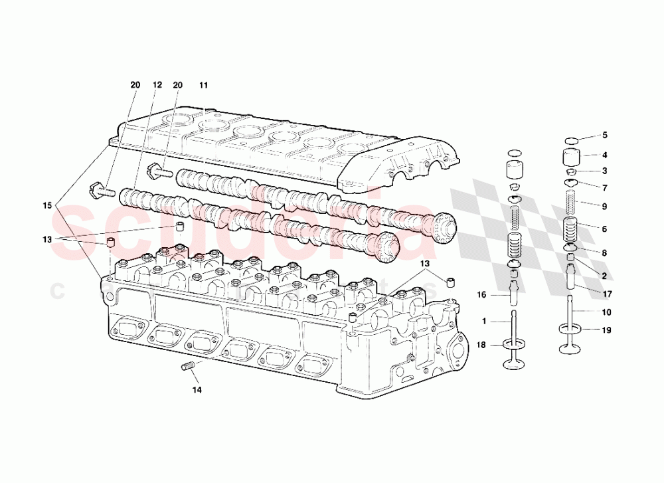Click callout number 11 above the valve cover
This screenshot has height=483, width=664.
[203, 85]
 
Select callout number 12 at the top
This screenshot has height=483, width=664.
[157, 85]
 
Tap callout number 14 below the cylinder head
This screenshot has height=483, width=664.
[197, 390]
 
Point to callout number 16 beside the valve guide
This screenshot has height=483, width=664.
[482, 294]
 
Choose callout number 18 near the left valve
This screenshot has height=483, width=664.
[482, 344]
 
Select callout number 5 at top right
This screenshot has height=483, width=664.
[604, 136]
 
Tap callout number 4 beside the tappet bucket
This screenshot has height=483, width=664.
[604, 155]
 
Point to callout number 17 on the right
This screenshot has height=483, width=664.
[607, 294]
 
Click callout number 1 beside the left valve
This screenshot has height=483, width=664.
[484, 321]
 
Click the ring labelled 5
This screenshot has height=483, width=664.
[571, 140]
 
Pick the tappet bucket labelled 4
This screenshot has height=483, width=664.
[571, 159]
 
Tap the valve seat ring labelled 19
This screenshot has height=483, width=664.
[571, 328]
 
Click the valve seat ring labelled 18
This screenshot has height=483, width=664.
[513, 344]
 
